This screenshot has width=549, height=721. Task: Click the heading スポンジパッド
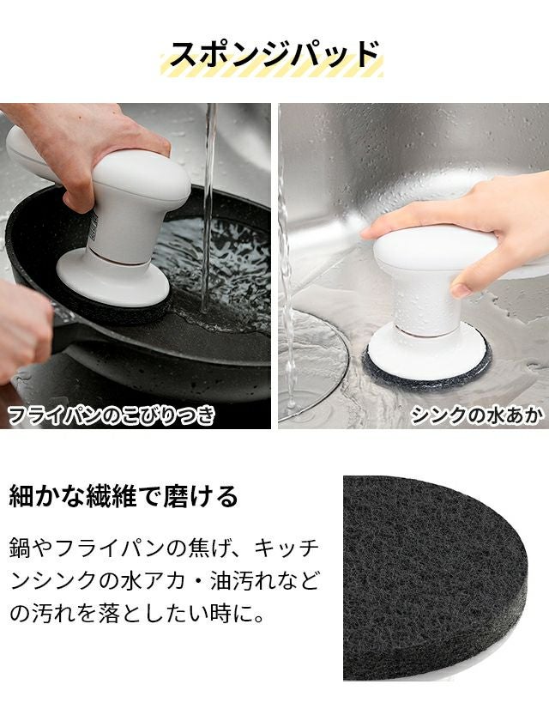click(274, 55)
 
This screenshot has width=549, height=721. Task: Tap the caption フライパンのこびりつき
click(112, 415)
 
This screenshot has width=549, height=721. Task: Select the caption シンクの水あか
click(476, 415)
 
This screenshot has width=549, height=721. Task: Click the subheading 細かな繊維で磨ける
click(124, 496)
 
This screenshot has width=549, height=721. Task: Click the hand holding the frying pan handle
click(23, 331)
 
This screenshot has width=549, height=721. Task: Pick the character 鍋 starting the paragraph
click(20, 548)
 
